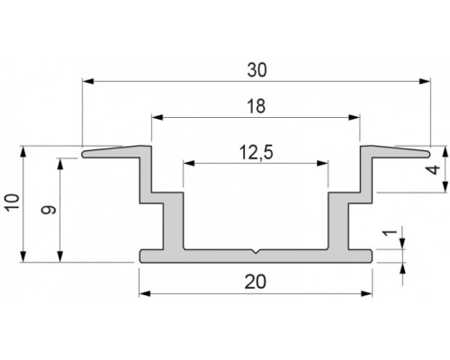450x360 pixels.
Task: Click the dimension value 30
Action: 256,68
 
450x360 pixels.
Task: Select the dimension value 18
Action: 255,104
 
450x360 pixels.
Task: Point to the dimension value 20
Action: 256,282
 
